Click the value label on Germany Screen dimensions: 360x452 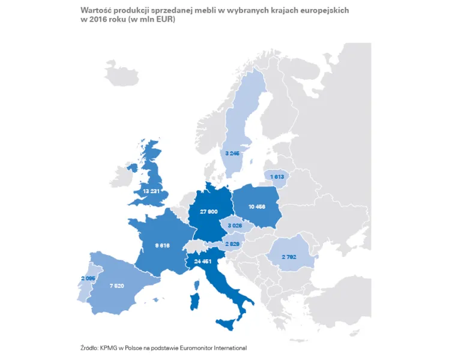209,213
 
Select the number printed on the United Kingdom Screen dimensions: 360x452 151,191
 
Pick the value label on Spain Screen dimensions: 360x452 116,285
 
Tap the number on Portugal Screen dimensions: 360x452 88,278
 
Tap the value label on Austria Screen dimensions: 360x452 232,244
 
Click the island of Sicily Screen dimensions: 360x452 226,325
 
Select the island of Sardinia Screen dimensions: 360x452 194,300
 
